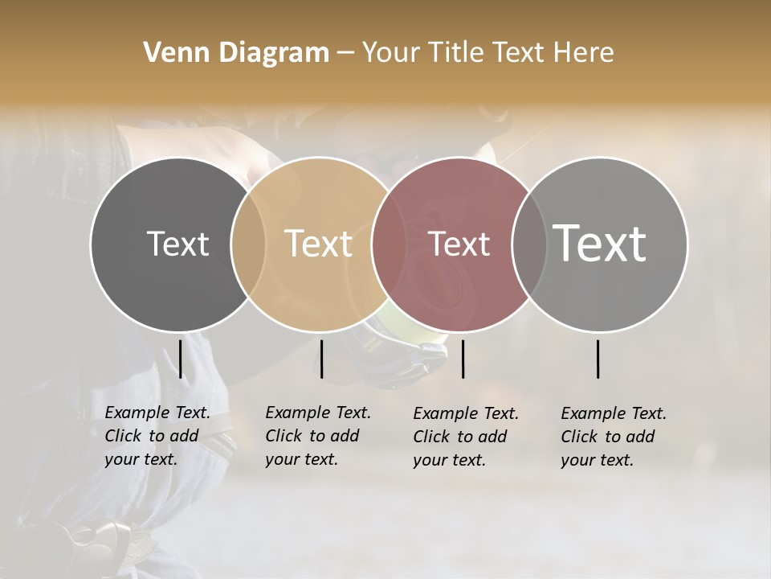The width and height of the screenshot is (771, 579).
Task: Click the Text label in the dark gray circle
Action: point(177,244)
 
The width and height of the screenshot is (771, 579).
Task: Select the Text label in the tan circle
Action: point(318,244)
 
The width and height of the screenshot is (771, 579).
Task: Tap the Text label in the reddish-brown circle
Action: point(459,244)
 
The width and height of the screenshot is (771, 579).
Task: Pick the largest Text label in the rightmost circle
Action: point(600,243)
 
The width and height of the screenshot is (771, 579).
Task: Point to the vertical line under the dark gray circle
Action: point(181,359)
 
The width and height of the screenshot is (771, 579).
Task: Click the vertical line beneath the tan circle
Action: point(321,359)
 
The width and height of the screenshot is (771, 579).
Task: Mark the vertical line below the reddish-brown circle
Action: point(463,359)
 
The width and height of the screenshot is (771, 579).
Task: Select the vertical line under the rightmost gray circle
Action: point(598,359)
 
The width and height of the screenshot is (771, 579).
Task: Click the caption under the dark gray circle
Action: point(157,436)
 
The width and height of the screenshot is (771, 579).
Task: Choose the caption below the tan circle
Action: point(318,436)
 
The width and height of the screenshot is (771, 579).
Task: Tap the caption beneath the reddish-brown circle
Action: point(466,437)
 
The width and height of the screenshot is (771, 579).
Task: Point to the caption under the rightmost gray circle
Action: point(614,437)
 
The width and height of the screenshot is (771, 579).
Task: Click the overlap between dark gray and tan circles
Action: point(248,244)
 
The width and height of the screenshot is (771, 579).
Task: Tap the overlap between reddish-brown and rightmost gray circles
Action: point(529,244)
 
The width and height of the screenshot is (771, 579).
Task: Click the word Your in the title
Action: point(390,53)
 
